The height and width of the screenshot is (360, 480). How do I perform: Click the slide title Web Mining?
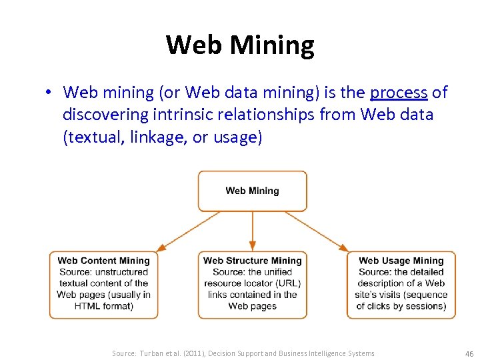[240, 45]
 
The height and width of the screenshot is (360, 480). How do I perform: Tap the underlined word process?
[399, 93]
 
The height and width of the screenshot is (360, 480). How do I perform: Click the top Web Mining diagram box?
[252, 191]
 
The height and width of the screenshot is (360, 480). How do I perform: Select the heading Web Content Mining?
[103, 261]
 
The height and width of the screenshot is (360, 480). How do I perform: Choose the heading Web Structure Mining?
[252, 261]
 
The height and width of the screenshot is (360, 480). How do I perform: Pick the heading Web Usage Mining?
[401, 261]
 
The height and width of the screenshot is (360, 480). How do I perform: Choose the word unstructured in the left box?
[122, 272]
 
